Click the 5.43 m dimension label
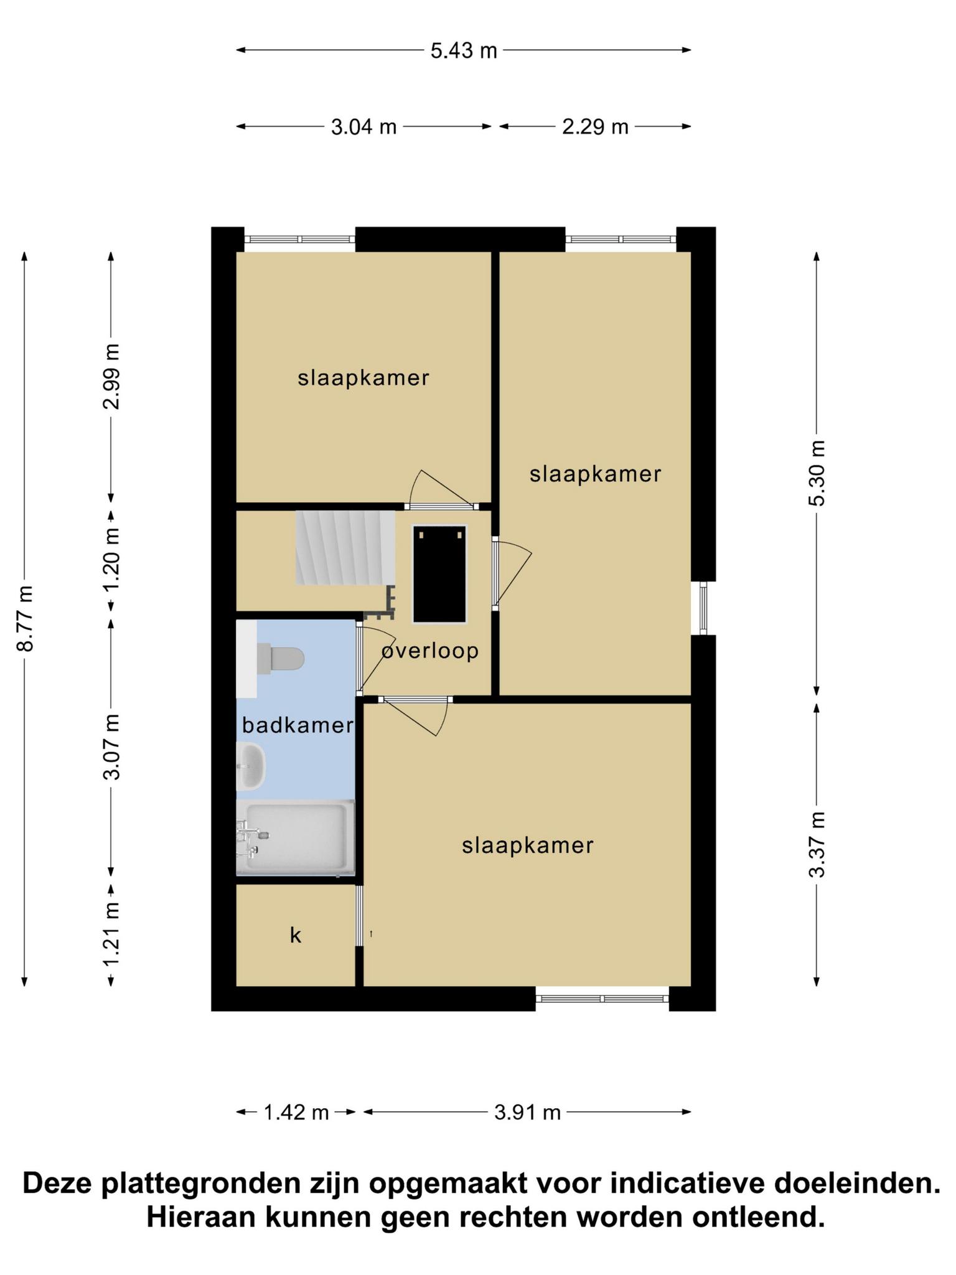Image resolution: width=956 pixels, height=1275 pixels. click(x=464, y=50)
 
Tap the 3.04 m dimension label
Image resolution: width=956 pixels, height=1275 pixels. click(x=363, y=127)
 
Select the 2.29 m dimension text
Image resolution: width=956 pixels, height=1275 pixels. click(x=595, y=127)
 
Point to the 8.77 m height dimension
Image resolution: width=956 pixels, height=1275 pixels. click(x=25, y=618)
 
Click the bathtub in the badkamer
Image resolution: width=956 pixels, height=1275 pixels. click(x=295, y=837)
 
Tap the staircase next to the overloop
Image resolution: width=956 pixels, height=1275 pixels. click(x=345, y=548)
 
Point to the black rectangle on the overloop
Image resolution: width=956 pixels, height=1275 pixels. click(x=440, y=573)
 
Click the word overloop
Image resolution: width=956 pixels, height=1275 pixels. click(x=430, y=651)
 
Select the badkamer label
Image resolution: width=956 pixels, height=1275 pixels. click(x=298, y=725)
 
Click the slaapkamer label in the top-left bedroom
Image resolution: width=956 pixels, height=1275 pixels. click(x=363, y=378)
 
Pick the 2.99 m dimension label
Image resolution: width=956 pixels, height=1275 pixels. click(x=112, y=376)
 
